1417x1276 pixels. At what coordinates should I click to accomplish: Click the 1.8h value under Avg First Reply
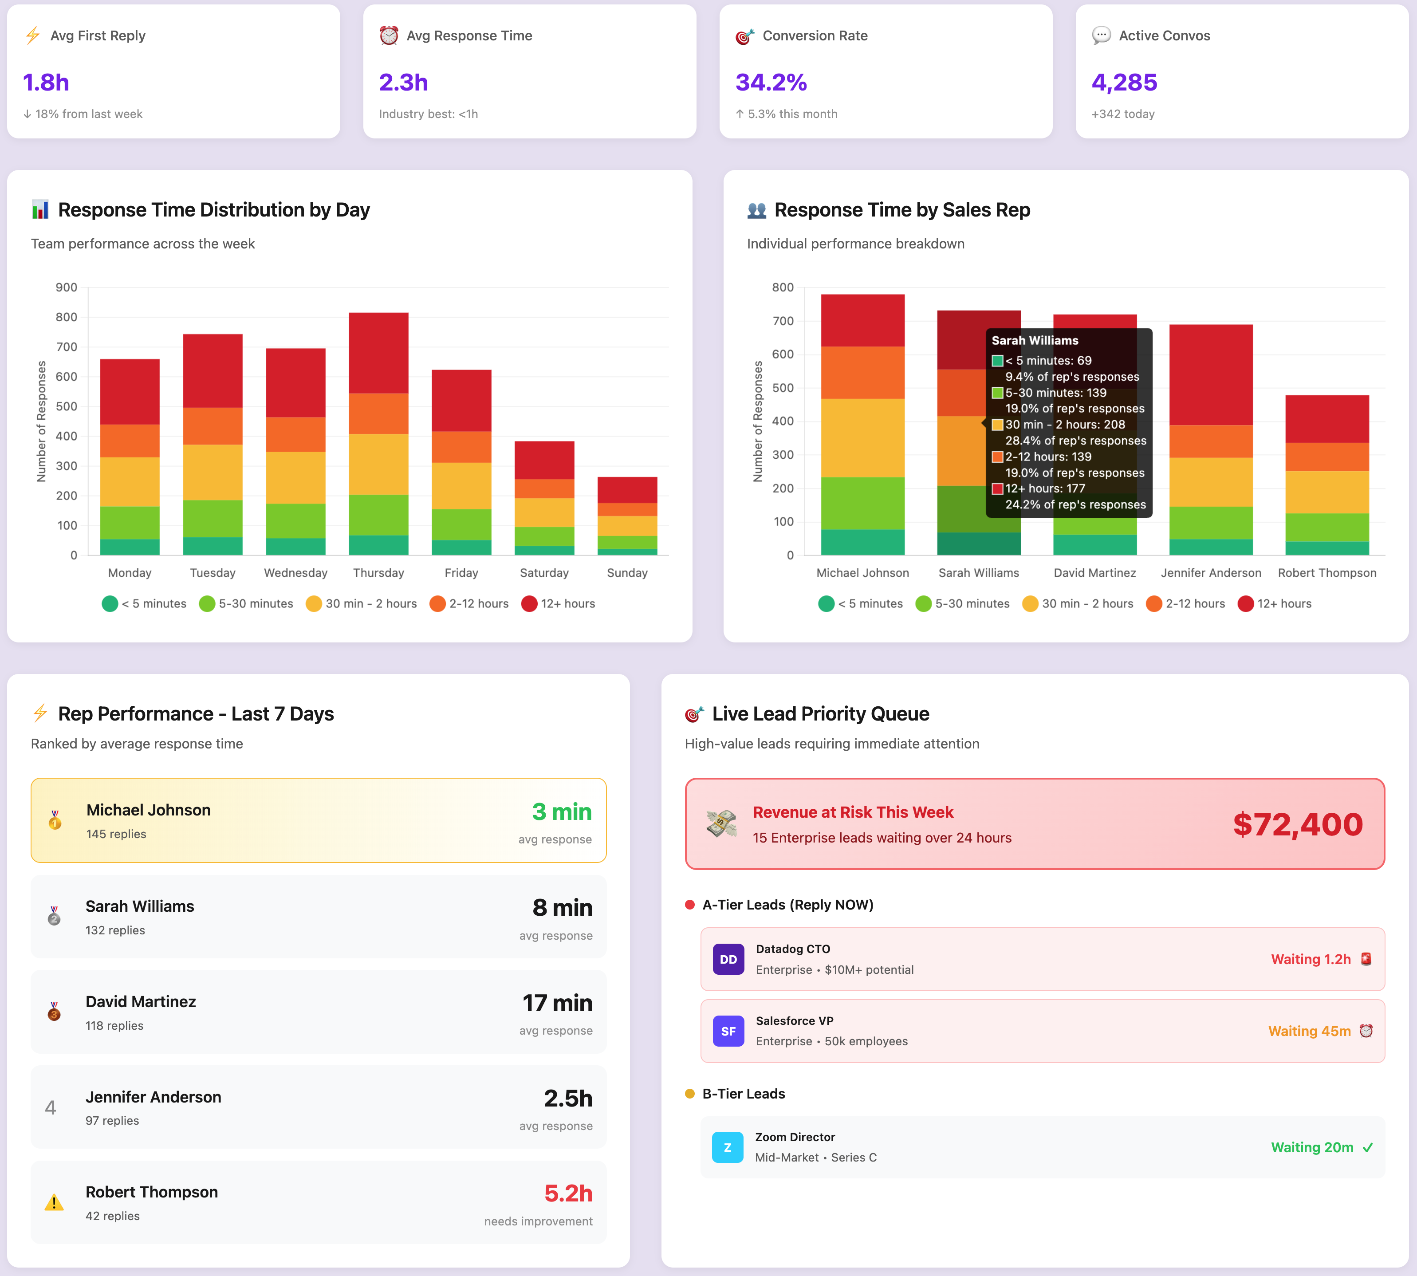pos(46,83)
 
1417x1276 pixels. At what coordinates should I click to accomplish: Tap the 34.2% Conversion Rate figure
pos(771,83)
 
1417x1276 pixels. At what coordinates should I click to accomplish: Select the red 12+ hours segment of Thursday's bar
pos(378,353)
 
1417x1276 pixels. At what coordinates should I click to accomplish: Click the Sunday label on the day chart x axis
pos(627,573)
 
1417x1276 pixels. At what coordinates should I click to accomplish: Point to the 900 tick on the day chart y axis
pos(67,287)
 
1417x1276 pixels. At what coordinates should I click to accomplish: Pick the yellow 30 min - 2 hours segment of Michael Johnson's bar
pos(862,438)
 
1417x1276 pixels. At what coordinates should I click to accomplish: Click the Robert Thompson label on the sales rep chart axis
pos(1326,573)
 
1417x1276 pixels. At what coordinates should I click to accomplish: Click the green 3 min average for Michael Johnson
pos(562,812)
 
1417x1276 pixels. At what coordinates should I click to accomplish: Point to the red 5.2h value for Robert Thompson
pos(568,1193)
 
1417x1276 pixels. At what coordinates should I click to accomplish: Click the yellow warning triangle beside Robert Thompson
pos(54,1203)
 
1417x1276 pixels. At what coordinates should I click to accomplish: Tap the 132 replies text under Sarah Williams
pos(115,930)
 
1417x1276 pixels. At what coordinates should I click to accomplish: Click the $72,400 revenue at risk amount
pos(1298,824)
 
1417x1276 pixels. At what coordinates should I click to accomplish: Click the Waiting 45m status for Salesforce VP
pos(1309,1032)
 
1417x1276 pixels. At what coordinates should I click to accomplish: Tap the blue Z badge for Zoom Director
pos(727,1148)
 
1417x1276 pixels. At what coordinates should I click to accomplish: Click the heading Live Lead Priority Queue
pos(820,714)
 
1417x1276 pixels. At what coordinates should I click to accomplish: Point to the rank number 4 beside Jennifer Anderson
pos(51,1108)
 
